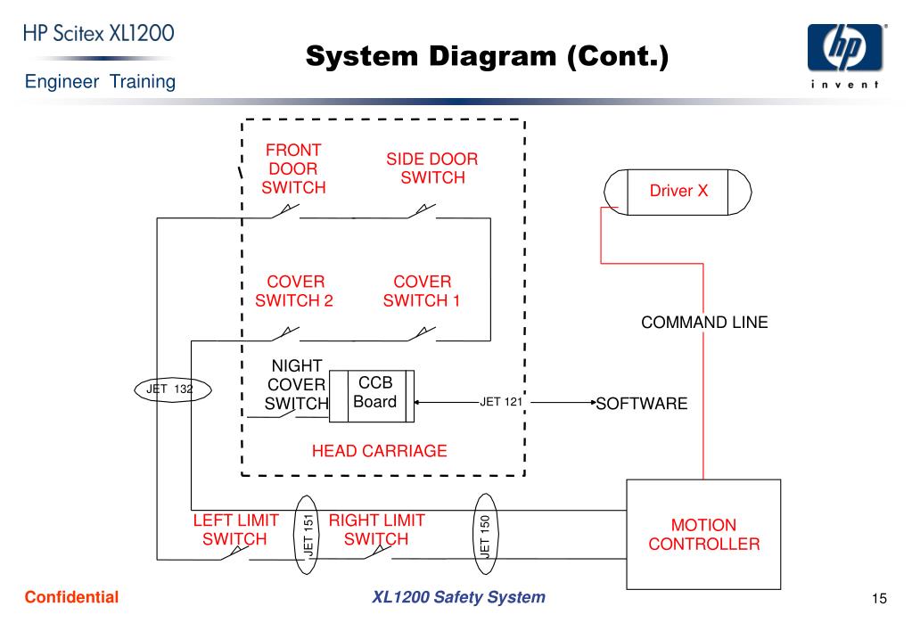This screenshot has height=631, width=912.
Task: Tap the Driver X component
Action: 678,192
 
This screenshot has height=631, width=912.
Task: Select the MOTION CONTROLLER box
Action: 703,535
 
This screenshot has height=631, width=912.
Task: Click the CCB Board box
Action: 372,396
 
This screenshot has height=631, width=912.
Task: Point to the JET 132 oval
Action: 173,389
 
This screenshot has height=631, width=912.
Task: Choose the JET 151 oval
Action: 307,535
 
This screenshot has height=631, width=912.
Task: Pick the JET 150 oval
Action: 485,535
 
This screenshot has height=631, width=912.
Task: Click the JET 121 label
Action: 501,402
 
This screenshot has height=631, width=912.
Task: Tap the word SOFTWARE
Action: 642,403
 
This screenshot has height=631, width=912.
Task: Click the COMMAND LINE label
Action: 704,323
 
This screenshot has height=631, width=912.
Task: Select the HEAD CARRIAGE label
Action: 379,451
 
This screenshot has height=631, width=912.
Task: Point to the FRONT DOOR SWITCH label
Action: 293,168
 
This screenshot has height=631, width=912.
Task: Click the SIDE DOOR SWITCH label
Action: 432,168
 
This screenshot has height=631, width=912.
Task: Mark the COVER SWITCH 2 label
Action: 294,291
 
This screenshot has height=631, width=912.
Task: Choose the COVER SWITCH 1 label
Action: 422,291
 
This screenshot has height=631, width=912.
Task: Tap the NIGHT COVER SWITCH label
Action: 297,384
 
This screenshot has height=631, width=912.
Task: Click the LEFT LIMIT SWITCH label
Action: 235,529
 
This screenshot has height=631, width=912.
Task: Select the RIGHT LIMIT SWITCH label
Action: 377,529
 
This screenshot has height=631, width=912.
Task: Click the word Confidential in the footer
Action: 71,597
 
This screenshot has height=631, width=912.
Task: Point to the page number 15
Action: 879,598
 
